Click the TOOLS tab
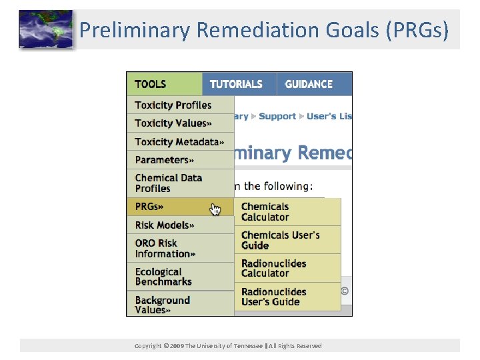click(x=151, y=84)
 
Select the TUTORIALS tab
click(x=236, y=84)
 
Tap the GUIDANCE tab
click(x=309, y=84)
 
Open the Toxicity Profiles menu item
click(x=173, y=105)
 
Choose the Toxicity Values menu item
click(x=173, y=123)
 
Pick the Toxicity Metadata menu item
click(x=179, y=141)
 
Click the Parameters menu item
click(x=164, y=159)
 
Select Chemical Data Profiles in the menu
click(x=168, y=183)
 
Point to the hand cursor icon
click(x=215, y=209)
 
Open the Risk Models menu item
click(x=164, y=225)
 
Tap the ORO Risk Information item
click(x=165, y=248)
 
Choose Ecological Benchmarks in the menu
click(x=163, y=277)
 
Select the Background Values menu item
click(x=162, y=305)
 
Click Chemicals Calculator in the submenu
click(x=265, y=212)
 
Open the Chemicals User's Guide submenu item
click(x=280, y=240)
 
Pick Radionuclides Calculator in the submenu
click(x=273, y=268)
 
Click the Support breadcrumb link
click(x=277, y=116)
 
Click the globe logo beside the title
click(x=45, y=29)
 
